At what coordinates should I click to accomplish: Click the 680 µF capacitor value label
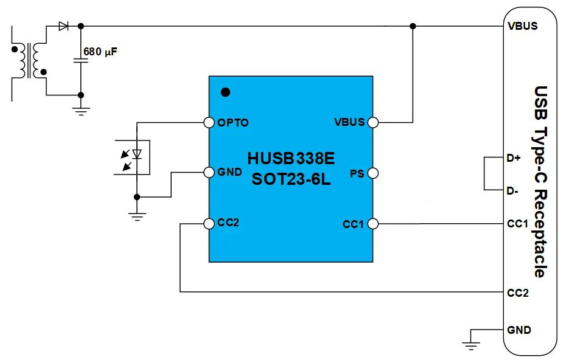[x=100, y=52]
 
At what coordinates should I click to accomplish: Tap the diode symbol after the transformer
[x=63, y=26]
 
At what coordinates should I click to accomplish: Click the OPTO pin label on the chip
[x=233, y=123]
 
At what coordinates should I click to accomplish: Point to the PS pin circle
[x=373, y=174]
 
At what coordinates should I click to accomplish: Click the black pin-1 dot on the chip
[x=225, y=92]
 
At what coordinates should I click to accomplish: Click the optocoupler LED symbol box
[x=133, y=157]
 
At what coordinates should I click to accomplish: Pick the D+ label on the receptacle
[x=514, y=159]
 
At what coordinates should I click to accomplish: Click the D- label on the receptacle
[x=512, y=191]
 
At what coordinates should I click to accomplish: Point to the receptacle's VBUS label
[x=522, y=27]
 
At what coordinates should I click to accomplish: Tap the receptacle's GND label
[x=518, y=330]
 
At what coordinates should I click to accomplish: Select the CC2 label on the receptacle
[x=518, y=293]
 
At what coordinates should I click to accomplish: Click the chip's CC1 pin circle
[x=373, y=224]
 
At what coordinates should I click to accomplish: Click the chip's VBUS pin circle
[x=373, y=122]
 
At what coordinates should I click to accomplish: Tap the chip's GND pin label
[x=229, y=172]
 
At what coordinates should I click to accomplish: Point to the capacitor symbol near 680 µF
[x=81, y=60]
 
